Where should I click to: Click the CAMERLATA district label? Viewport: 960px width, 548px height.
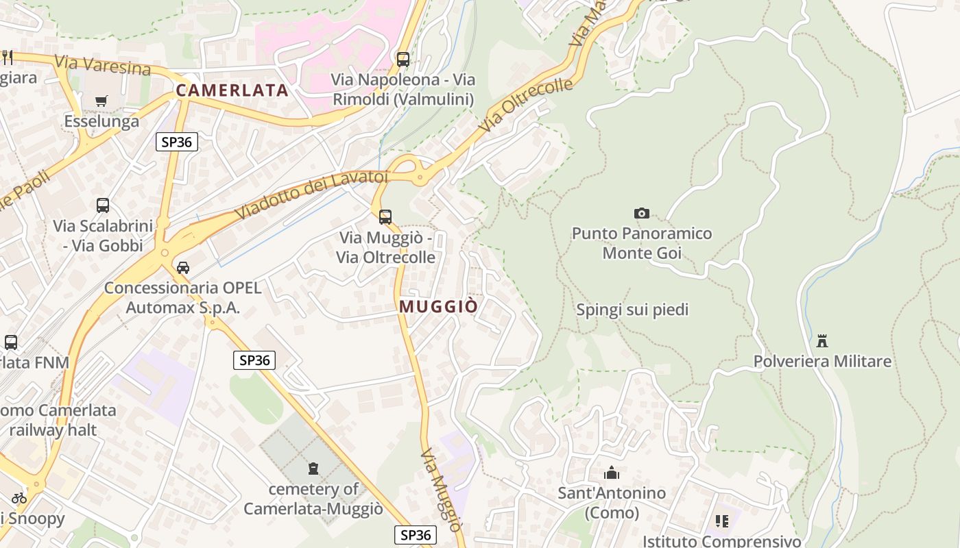click(232, 90)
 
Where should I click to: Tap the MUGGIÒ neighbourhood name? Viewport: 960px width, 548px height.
click(437, 306)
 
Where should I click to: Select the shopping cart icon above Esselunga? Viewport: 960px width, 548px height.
click(101, 101)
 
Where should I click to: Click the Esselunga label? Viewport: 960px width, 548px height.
click(101, 121)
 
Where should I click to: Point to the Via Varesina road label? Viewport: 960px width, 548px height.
click(102, 66)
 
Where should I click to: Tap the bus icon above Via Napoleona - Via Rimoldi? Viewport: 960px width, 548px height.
click(403, 59)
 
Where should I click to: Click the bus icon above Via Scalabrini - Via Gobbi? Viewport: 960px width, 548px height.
click(102, 205)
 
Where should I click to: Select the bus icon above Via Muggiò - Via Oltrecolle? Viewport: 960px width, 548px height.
click(385, 217)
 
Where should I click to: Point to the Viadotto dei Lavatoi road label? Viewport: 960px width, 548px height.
click(311, 195)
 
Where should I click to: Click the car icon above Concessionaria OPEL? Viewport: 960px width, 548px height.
click(182, 267)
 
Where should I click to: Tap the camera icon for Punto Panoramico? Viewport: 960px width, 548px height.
click(642, 213)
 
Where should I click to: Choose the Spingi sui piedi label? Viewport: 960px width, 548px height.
click(632, 310)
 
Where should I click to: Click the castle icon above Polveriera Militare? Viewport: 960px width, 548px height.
click(822, 340)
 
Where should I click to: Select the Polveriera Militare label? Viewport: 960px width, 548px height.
click(822, 361)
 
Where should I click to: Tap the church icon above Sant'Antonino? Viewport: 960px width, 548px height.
click(611, 473)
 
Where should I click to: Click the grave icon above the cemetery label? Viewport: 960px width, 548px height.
click(313, 469)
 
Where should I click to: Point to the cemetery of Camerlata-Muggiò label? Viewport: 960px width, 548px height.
click(313, 499)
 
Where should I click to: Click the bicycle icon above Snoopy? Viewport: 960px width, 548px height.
click(19, 498)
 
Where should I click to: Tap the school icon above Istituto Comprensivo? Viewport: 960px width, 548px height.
click(721, 521)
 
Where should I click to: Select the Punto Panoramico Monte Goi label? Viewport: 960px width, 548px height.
click(642, 243)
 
